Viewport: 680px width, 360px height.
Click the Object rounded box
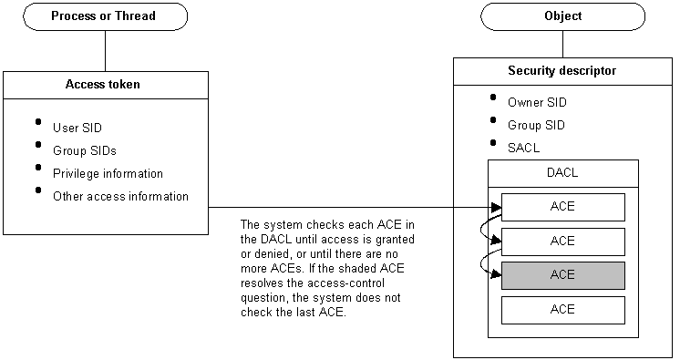click(562, 16)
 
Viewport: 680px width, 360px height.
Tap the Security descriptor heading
click(562, 70)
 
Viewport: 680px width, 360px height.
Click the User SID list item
click(77, 128)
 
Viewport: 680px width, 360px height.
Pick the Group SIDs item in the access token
click(84, 150)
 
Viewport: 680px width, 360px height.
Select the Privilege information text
click(108, 173)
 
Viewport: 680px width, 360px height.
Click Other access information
click(120, 196)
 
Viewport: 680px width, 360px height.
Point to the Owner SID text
click(537, 102)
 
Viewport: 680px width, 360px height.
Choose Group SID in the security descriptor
click(536, 125)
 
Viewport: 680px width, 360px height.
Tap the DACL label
click(562, 171)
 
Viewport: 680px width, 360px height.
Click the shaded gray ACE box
click(562, 275)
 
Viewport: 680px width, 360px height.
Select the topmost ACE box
click(562, 207)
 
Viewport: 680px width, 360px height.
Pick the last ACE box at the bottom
click(562, 310)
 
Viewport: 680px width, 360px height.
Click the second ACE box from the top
click(562, 242)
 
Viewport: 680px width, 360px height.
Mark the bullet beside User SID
click(38, 122)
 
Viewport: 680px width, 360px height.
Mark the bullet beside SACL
click(493, 142)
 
